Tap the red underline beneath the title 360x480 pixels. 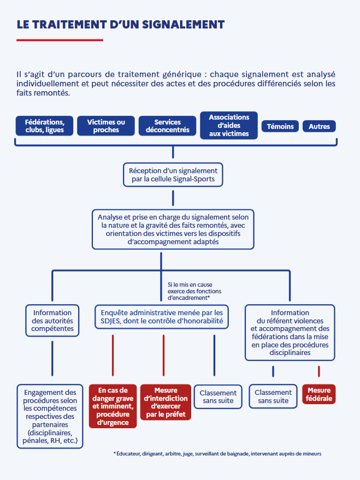(x=60, y=40)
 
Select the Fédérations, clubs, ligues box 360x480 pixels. (x=44, y=126)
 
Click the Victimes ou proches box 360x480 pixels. (x=106, y=126)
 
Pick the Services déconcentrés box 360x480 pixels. (x=167, y=126)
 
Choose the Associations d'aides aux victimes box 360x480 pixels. (x=228, y=126)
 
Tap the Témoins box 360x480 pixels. (x=280, y=126)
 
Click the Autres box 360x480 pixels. (x=319, y=126)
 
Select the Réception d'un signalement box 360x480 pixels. (x=173, y=175)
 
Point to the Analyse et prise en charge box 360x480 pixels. (x=173, y=229)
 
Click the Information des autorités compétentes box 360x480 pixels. (x=52, y=321)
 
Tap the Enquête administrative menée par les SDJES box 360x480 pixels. (x=161, y=317)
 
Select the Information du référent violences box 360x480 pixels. (x=290, y=333)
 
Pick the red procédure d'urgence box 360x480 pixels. (x=113, y=406)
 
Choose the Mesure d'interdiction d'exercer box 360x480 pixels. (x=166, y=402)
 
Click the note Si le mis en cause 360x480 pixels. (x=190, y=291)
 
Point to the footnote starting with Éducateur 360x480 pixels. (x=217, y=454)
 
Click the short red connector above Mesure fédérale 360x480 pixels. (x=318, y=371)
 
